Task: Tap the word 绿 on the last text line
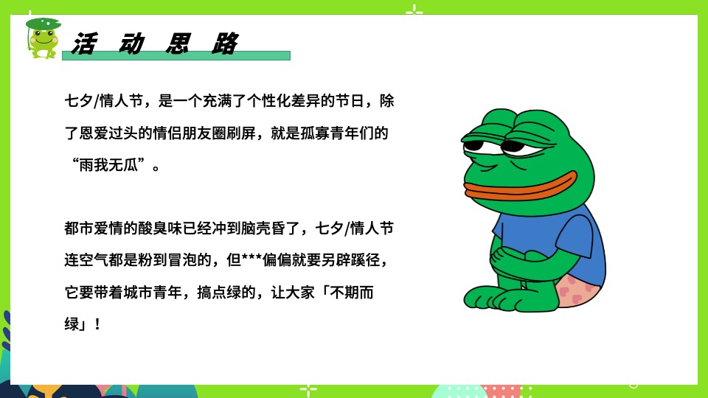(72, 324)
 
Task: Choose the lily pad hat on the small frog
(44, 24)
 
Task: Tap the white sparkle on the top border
(414, 10)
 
